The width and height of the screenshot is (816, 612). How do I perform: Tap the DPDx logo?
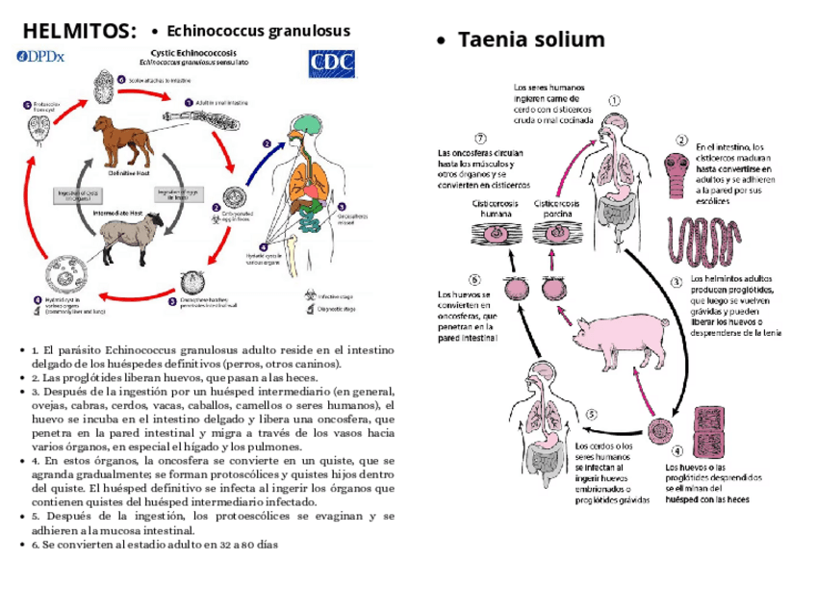(x=40, y=57)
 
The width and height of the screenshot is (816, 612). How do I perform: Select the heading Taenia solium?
(x=531, y=39)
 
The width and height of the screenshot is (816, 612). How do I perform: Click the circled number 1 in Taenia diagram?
(x=615, y=99)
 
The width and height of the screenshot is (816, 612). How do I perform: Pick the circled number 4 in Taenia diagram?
(x=677, y=449)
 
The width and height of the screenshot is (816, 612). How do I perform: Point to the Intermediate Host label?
(x=118, y=211)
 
